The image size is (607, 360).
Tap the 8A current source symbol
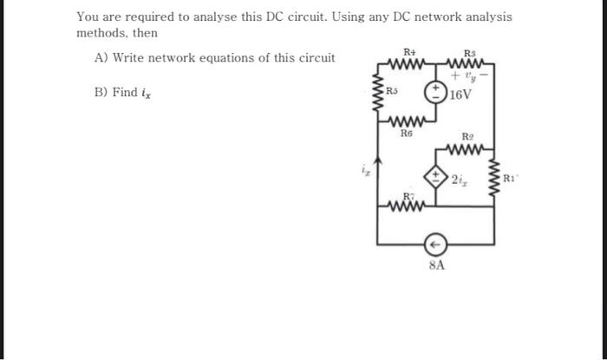coord(437,243)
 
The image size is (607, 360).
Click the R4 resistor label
coord(409,53)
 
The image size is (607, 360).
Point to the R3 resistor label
coord(471,53)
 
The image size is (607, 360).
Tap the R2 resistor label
coord(468,137)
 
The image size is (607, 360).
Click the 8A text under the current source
coord(437,265)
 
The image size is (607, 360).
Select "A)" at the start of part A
coord(101,58)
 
